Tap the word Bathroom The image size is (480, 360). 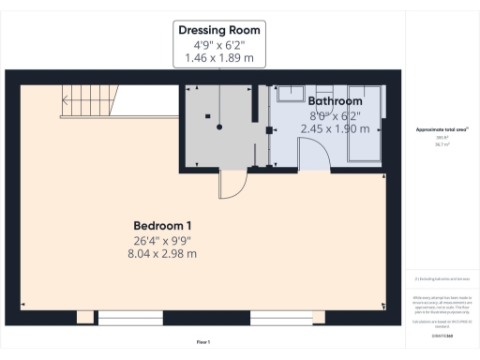(x=335, y=100)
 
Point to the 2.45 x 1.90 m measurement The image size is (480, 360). (x=335, y=128)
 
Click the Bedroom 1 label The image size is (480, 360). (x=162, y=225)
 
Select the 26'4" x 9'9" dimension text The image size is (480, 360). (x=162, y=240)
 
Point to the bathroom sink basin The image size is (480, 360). (x=292, y=92)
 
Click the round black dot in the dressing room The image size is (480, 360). (x=219, y=127)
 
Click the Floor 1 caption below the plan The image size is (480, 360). (x=203, y=341)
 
